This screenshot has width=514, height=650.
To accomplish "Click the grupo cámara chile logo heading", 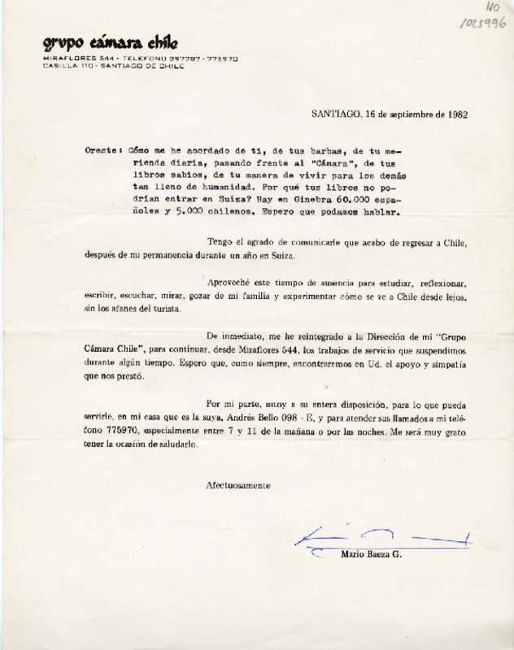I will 111,43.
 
